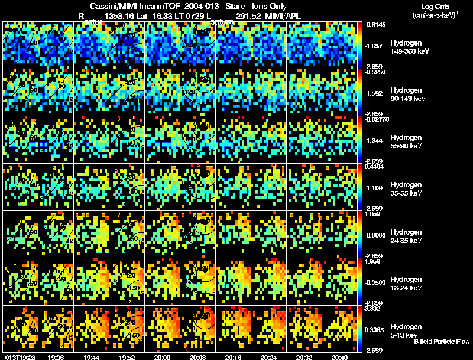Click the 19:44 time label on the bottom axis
[x=92, y=357]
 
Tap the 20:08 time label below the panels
[x=198, y=357]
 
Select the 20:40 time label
[x=340, y=357]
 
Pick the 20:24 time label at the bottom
[x=269, y=357]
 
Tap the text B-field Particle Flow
[x=442, y=342]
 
